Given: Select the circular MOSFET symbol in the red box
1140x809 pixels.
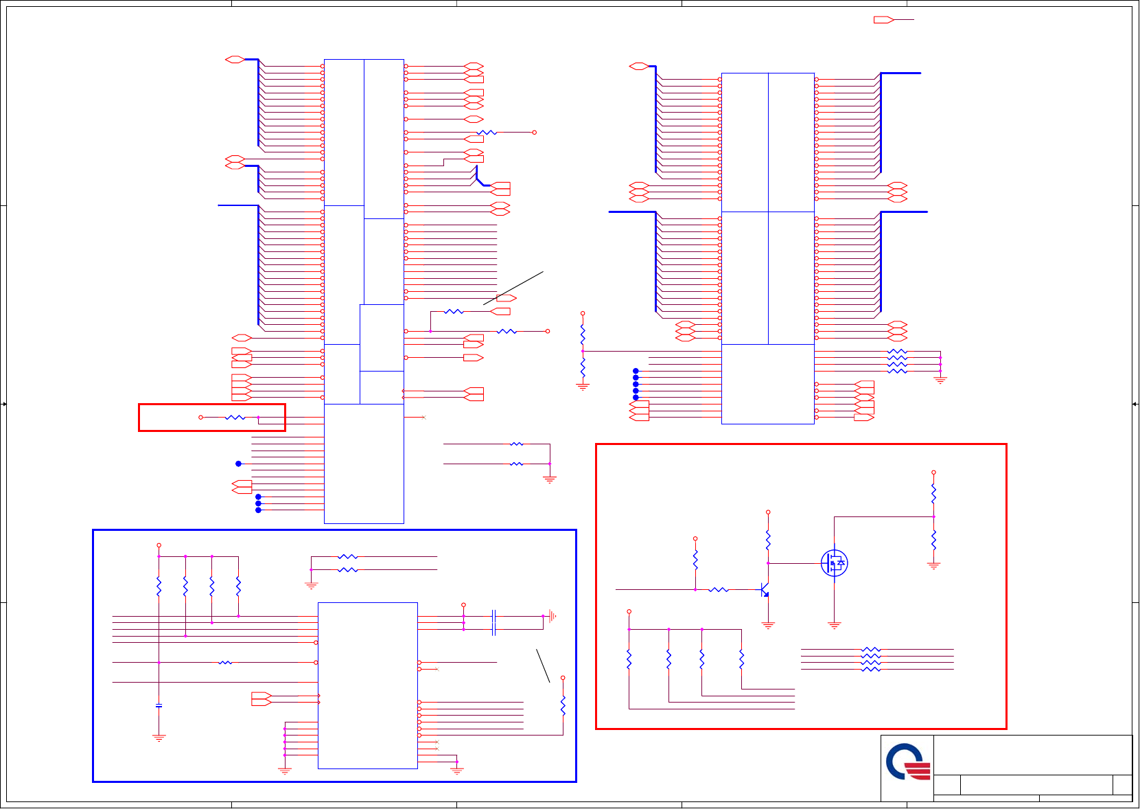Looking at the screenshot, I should [x=834, y=563].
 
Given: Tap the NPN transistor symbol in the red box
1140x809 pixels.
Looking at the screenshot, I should [x=764, y=590].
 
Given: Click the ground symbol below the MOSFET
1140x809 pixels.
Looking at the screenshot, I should [x=834, y=625].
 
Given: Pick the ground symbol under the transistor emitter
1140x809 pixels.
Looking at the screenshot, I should [x=768, y=625].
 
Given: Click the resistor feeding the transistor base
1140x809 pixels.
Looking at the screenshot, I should [x=718, y=589].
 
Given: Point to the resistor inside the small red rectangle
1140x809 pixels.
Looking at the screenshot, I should [x=235, y=418].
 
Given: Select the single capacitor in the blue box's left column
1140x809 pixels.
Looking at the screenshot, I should [x=159, y=705].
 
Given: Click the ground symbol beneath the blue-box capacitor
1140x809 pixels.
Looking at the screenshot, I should [x=159, y=738].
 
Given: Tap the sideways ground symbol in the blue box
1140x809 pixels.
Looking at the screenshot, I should [x=551, y=616].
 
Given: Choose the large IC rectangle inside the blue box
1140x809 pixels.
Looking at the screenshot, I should [x=367, y=685].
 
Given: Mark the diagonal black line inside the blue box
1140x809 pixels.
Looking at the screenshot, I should [x=543, y=665].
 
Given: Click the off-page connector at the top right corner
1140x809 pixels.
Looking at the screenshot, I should [x=883, y=20].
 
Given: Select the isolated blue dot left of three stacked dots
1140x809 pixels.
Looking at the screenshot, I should [x=238, y=464].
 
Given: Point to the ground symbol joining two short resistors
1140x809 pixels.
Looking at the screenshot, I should [x=550, y=479].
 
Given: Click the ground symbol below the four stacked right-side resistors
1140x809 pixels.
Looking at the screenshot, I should [x=940, y=379].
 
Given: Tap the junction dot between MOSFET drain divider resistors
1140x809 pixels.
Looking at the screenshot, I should [x=933, y=516].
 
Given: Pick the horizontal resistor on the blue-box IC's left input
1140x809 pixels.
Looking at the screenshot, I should [x=225, y=663].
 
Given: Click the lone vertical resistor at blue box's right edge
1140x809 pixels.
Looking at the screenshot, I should [x=563, y=706].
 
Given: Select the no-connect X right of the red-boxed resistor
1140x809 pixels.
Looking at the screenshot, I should [x=423, y=418].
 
